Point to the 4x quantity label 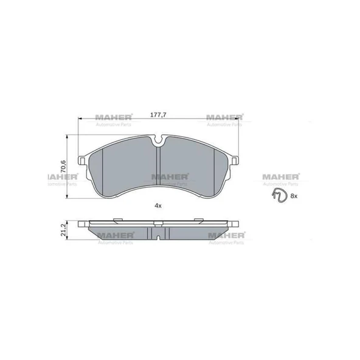point(158,206)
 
